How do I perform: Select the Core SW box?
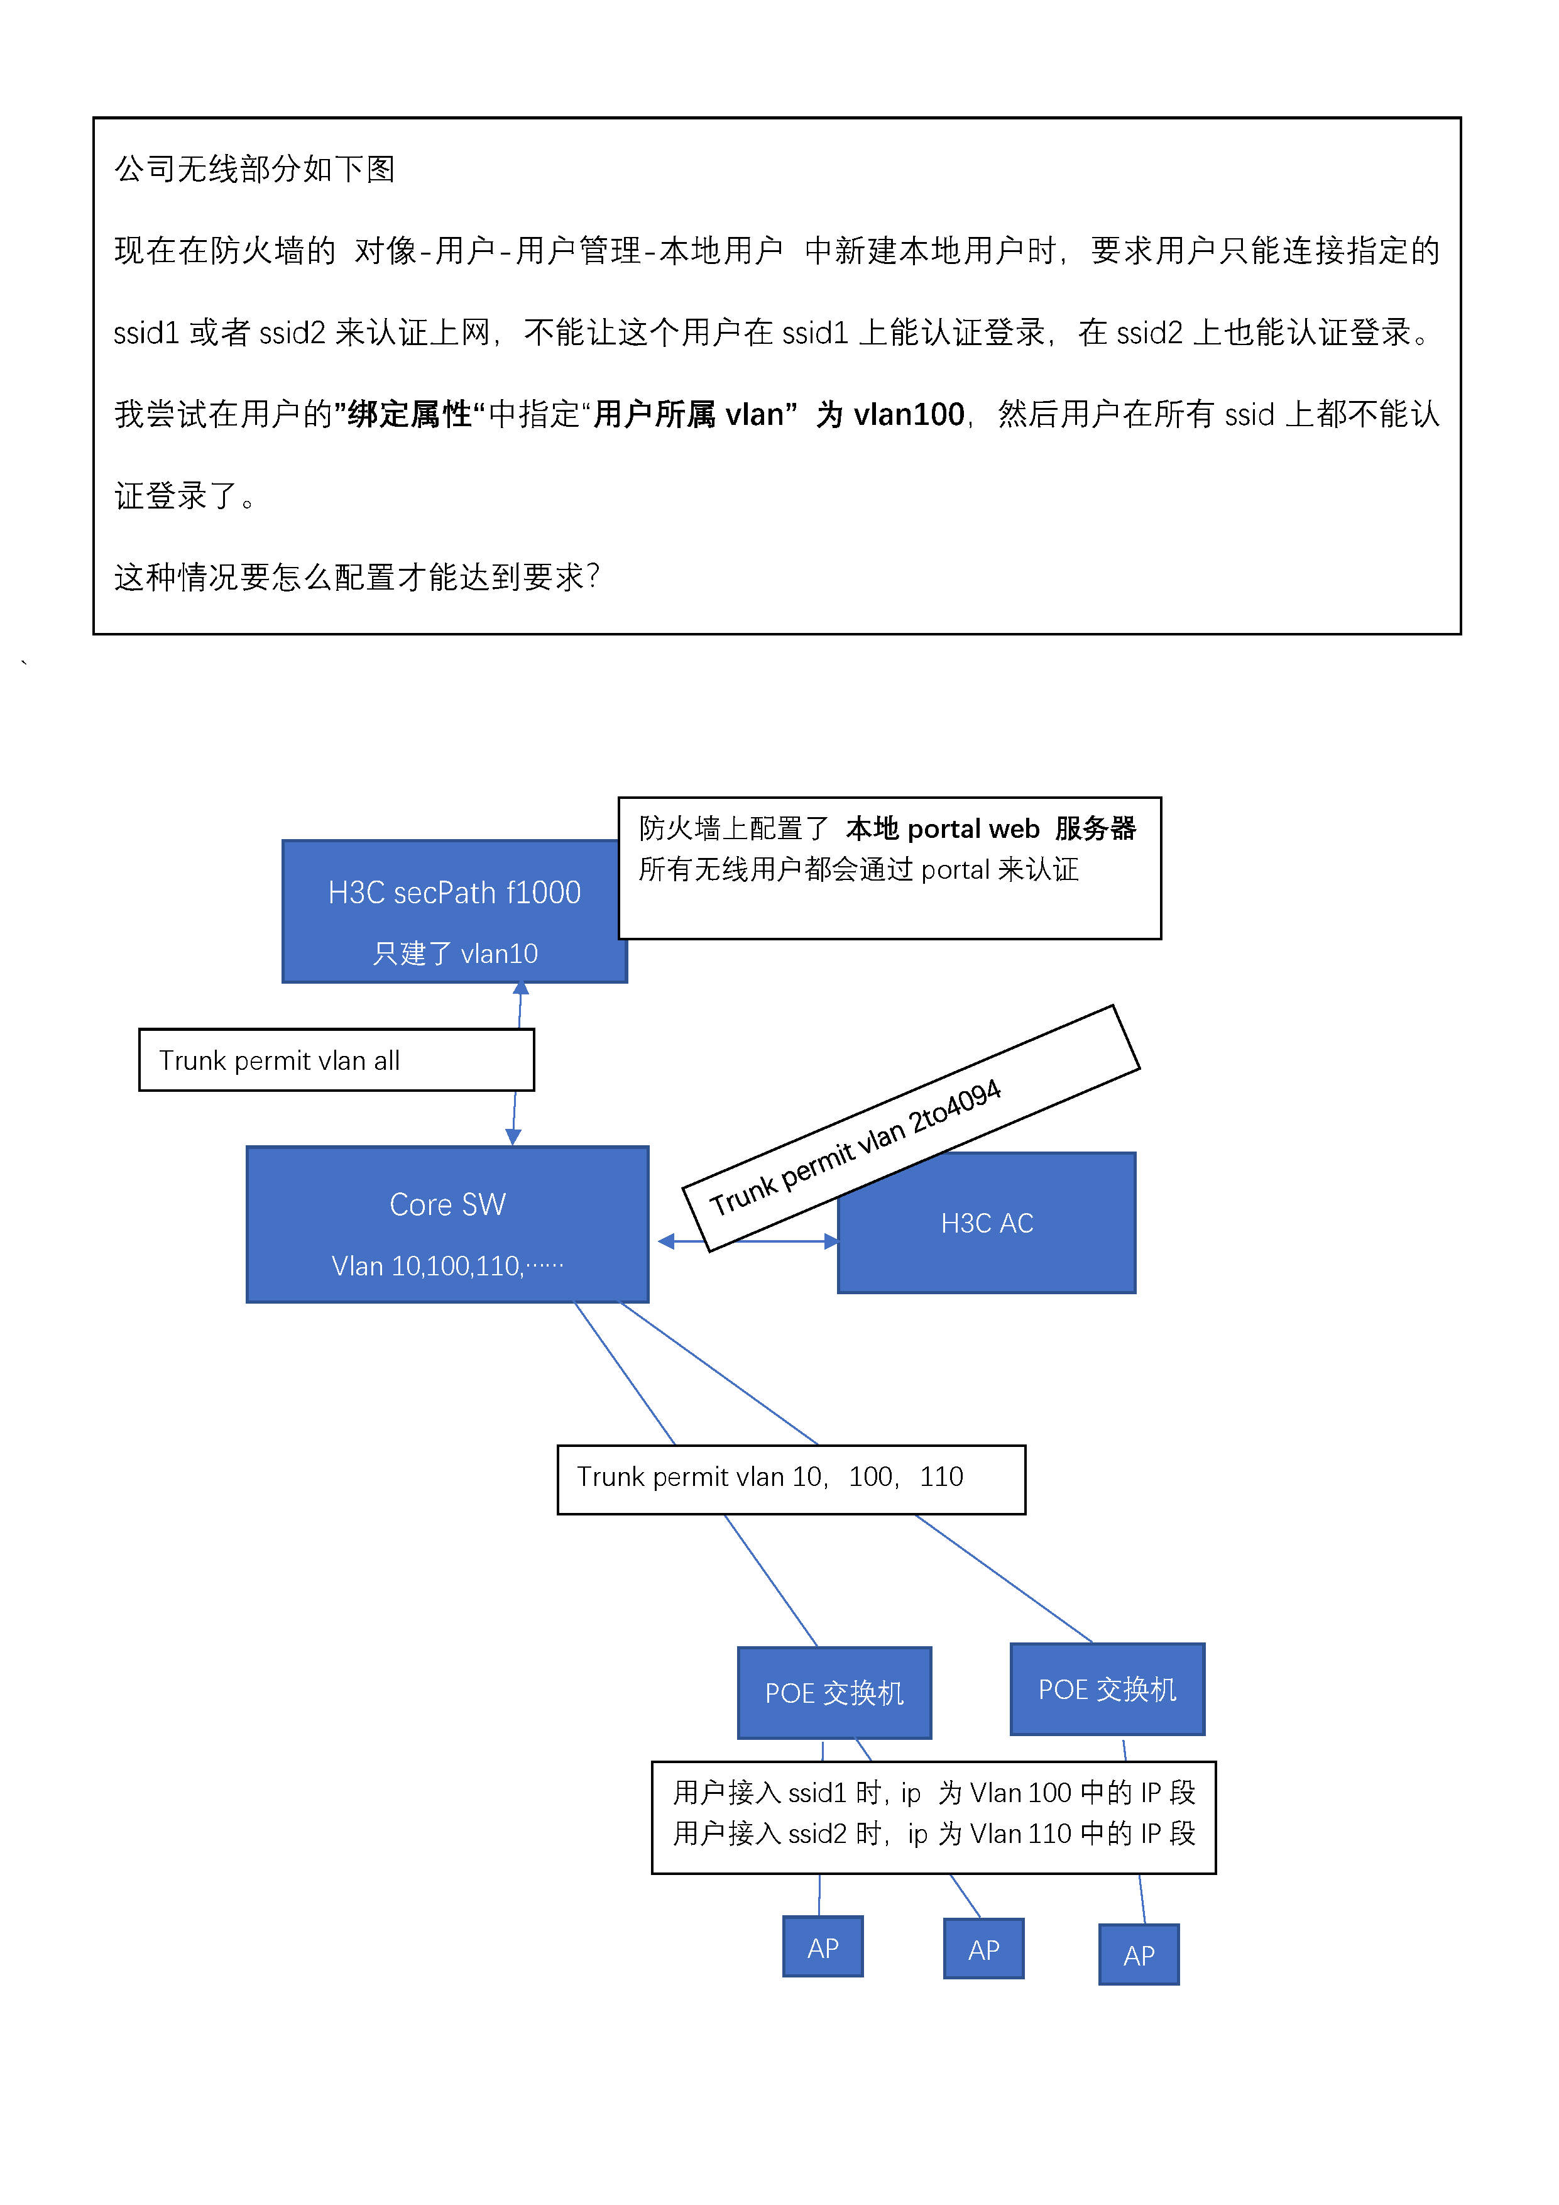coord(447,1224)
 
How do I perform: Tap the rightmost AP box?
coord(1139,1954)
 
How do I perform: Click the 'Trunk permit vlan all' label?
coord(280,1060)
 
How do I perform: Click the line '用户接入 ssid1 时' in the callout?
coord(933,1792)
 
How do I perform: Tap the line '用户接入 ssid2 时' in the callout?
coord(933,1834)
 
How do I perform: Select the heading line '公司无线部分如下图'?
coord(254,169)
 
